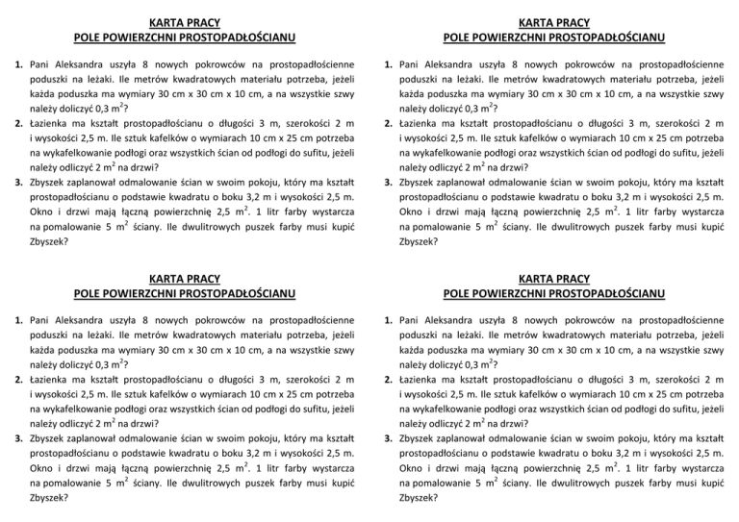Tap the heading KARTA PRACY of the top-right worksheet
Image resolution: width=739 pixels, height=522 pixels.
pyautogui.click(x=553, y=21)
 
